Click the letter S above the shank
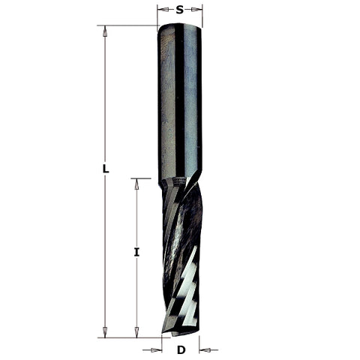click(180, 10)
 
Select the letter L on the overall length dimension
click(106, 169)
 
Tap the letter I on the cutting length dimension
click(136, 252)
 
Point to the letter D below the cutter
click(181, 349)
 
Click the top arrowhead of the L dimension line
click(106, 30)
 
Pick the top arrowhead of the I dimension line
click(136, 183)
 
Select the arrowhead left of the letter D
click(156, 349)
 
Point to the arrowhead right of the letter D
click(205, 349)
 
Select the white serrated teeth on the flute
click(187, 289)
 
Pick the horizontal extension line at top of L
click(127, 25)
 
